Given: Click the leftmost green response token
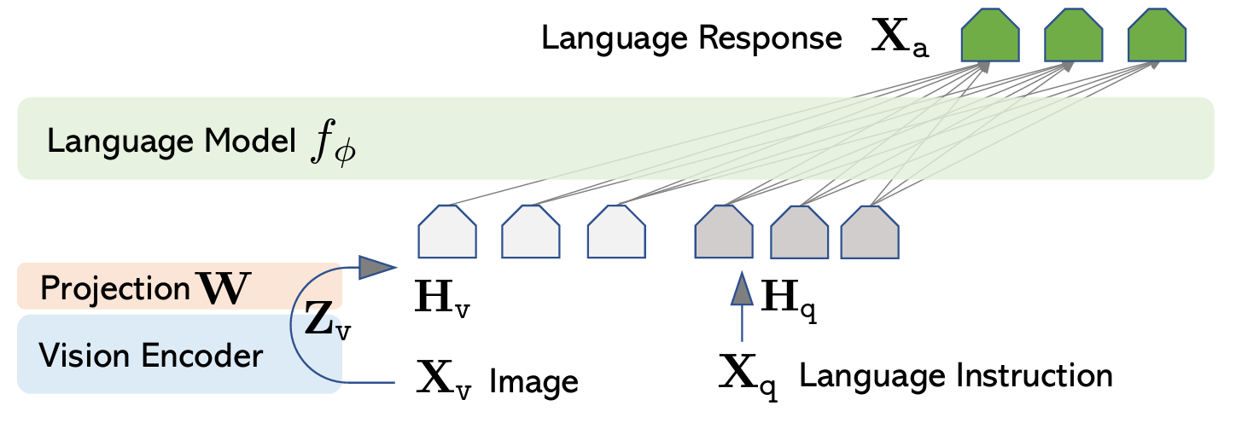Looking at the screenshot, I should click(x=991, y=39).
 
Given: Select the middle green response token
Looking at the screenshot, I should click(x=1074, y=39).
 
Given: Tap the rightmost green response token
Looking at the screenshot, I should click(x=1157, y=39).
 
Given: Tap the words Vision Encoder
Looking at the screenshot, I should click(x=151, y=355).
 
